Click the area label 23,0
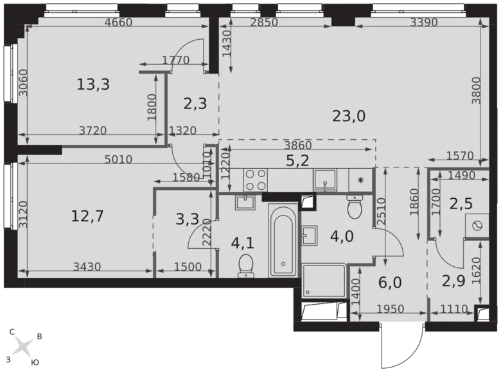pos(349,116)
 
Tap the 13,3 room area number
pos(93,83)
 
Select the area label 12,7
pos(87,216)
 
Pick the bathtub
pos(283,241)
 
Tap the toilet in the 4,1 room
pos(245,265)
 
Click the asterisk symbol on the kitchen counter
pos(361,180)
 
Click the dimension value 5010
pos(118,160)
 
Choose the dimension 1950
pos(390,309)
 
